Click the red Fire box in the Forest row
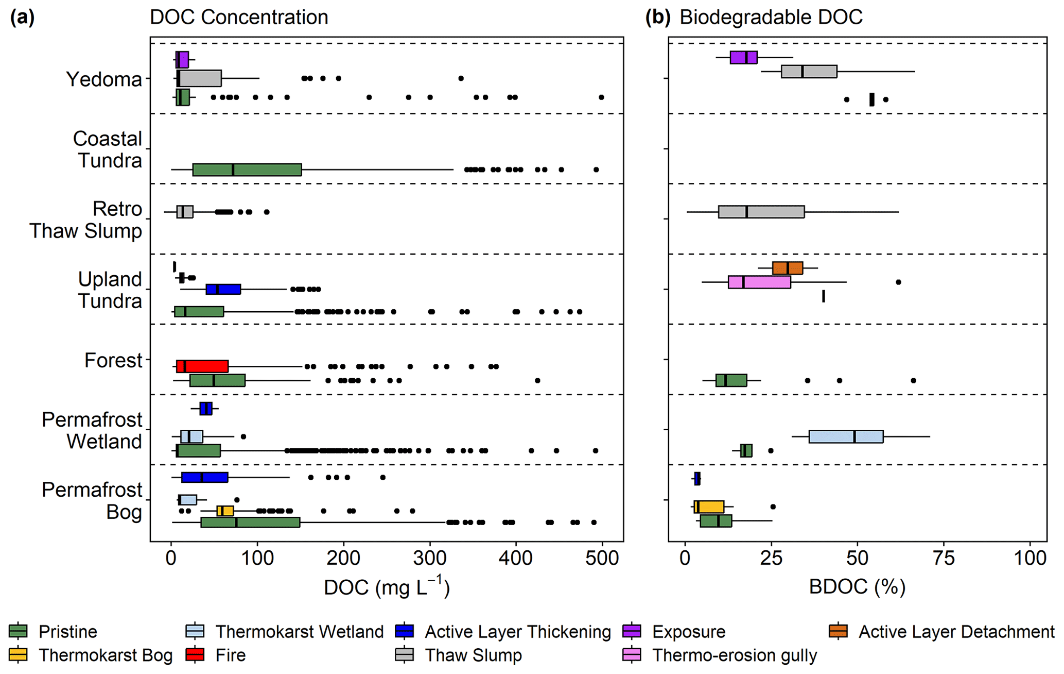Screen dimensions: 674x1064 coord(202,366)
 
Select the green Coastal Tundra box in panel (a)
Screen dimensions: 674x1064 coord(247,170)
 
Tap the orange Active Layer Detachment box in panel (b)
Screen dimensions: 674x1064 coord(787,268)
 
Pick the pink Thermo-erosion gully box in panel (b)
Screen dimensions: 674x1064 coord(759,282)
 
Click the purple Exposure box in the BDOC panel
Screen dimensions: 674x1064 coord(743,58)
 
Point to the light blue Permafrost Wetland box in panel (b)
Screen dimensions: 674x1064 coord(846,436)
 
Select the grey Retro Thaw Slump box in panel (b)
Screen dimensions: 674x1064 coord(761,212)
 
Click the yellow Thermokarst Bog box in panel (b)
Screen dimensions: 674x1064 coord(709,507)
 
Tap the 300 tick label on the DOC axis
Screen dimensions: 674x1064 coord(430,559)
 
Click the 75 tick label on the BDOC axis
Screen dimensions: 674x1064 coord(944,559)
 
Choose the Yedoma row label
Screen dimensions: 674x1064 coord(104,79)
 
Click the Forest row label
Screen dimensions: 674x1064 coord(113,360)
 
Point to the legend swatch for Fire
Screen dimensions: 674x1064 coord(195,655)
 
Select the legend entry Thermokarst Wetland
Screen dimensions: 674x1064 coord(299,632)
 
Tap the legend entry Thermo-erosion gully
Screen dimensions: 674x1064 coord(734,655)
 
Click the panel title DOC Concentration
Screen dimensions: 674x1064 coord(239,18)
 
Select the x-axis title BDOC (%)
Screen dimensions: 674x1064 coord(857,587)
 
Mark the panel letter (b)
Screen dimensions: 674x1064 coord(658,18)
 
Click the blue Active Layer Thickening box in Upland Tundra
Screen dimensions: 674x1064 coord(223,289)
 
